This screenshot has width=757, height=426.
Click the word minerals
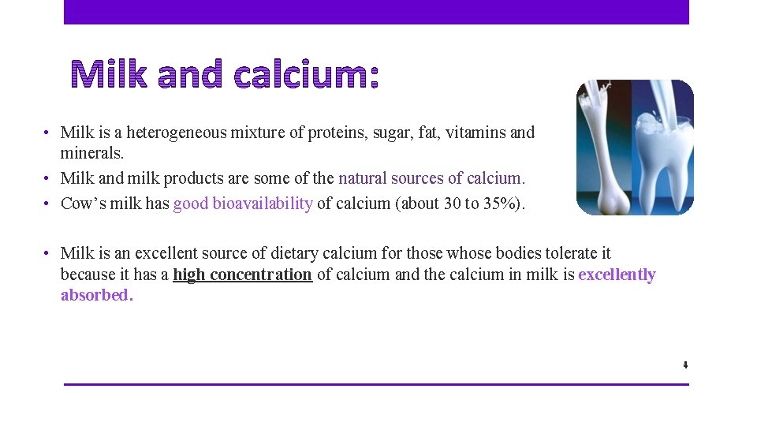coord(92,153)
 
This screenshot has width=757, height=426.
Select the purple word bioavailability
coord(261,204)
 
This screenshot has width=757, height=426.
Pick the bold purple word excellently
coord(617,275)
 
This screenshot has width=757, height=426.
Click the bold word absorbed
coord(97,295)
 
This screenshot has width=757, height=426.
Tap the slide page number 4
coord(685,365)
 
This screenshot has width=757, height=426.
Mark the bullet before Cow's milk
coord(47,204)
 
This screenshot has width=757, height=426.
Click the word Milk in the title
coord(113,75)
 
